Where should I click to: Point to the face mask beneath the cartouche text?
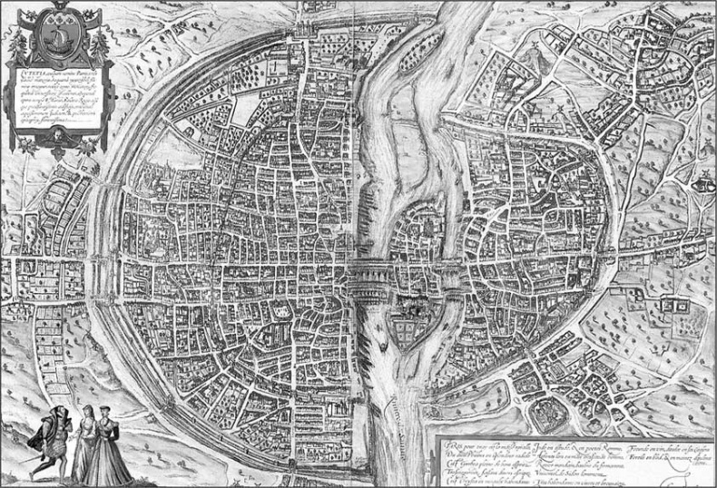(x=55, y=134)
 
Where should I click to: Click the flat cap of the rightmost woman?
(x=106, y=410)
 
